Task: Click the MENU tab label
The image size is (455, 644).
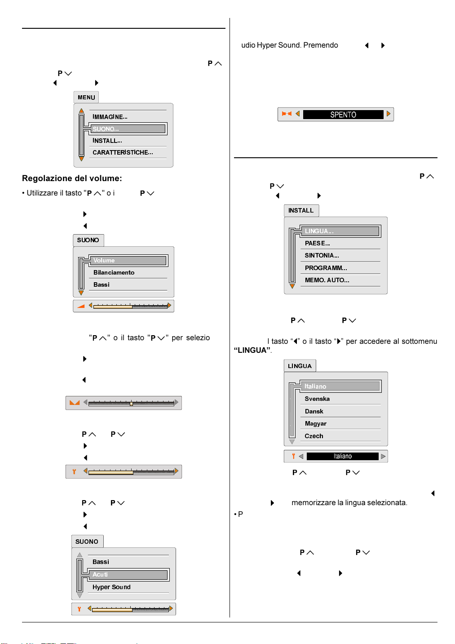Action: [x=86, y=98]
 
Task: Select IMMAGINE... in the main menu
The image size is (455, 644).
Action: [x=110, y=117]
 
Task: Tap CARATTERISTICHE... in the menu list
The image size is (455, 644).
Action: [x=123, y=152]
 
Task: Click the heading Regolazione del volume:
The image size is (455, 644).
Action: [x=72, y=178]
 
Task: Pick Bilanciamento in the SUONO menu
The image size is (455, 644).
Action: [x=114, y=272]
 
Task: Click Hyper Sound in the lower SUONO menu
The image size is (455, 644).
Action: [x=111, y=587]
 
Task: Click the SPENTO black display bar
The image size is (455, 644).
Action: [x=343, y=115]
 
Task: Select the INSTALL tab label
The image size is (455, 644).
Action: [x=301, y=210]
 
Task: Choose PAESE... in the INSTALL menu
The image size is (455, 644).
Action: [x=317, y=243]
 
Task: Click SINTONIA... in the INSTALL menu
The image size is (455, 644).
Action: [x=322, y=255]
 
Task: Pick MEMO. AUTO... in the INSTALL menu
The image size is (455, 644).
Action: [x=327, y=280]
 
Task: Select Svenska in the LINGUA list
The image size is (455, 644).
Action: [x=317, y=399]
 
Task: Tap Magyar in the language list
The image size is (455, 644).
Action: [x=316, y=423]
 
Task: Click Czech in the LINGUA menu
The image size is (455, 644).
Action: [x=314, y=436]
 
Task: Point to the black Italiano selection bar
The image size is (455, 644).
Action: [x=343, y=456]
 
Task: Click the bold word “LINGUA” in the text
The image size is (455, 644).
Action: [x=252, y=350]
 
